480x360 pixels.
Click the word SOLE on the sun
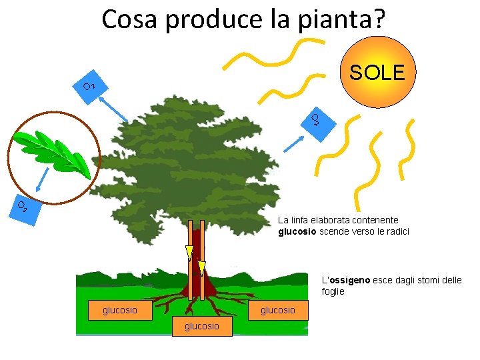tap(377, 73)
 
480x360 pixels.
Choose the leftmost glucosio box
tap(119, 310)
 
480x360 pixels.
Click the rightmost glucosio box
tap(277, 310)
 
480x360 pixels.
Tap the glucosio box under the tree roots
tap(201, 326)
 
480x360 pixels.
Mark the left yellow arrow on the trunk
tap(189, 253)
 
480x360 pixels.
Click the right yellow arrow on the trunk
tap(201, 267)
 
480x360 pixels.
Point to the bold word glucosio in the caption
tap(297, 232)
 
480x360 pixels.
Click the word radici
tap(396, 232)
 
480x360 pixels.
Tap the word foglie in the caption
tap(333, 292)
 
